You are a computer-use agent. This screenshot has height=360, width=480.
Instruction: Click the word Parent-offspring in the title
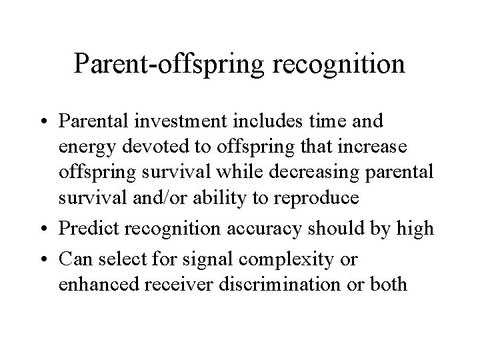(x=165, y=63)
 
